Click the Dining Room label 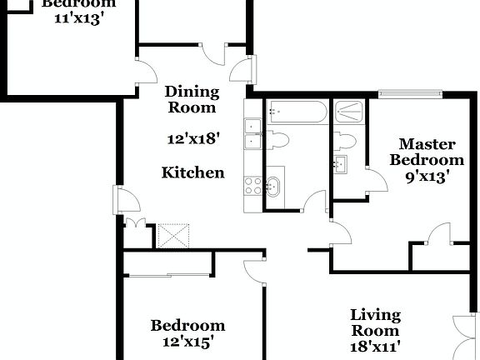(x=192, y=99)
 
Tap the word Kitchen (x=192, y=172)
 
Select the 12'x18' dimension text (x=192, y=139)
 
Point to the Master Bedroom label (x=427, y=151)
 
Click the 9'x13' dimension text (x=427, y=176)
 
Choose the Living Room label (x=375, y=322)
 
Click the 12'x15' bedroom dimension (x=187, y=341)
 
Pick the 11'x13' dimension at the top (x=73, y=18)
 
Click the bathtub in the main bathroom (x=296, y=112)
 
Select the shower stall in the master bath (x=348, y=112)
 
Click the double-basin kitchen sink (x=252, y=133)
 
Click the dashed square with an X (x=173, y=235)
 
